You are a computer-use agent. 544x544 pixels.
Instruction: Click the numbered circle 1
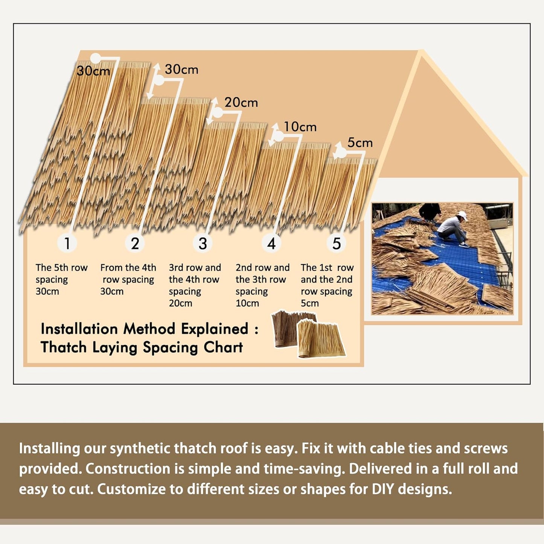(x=67, y=243)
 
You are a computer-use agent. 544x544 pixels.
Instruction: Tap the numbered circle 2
(x=135, y=243)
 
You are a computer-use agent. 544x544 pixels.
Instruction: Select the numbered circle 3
(x=203, y=243)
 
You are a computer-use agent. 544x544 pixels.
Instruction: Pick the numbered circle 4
(x=271, y=243)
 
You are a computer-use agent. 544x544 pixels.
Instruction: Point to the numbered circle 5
(x=336, y=243)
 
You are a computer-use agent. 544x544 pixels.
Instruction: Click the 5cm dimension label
(x=360, y=143)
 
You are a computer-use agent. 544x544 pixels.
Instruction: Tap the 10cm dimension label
(x=300, y=127)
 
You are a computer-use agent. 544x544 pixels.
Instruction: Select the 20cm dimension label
(x=241, y=102)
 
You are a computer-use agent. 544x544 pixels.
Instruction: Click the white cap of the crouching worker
(x=462, y=216)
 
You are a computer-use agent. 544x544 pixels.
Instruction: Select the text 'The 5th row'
(x=61, y=268)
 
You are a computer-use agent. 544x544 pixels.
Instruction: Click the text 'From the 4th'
(x=128, y=268)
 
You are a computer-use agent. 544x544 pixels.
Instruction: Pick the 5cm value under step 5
(x=309, y=303)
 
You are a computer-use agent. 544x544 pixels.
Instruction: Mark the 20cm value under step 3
(x=180, y=303)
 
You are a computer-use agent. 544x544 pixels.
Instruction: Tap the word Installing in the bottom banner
(x=49, y=449)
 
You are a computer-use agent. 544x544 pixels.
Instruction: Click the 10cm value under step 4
(x=247, y=303)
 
